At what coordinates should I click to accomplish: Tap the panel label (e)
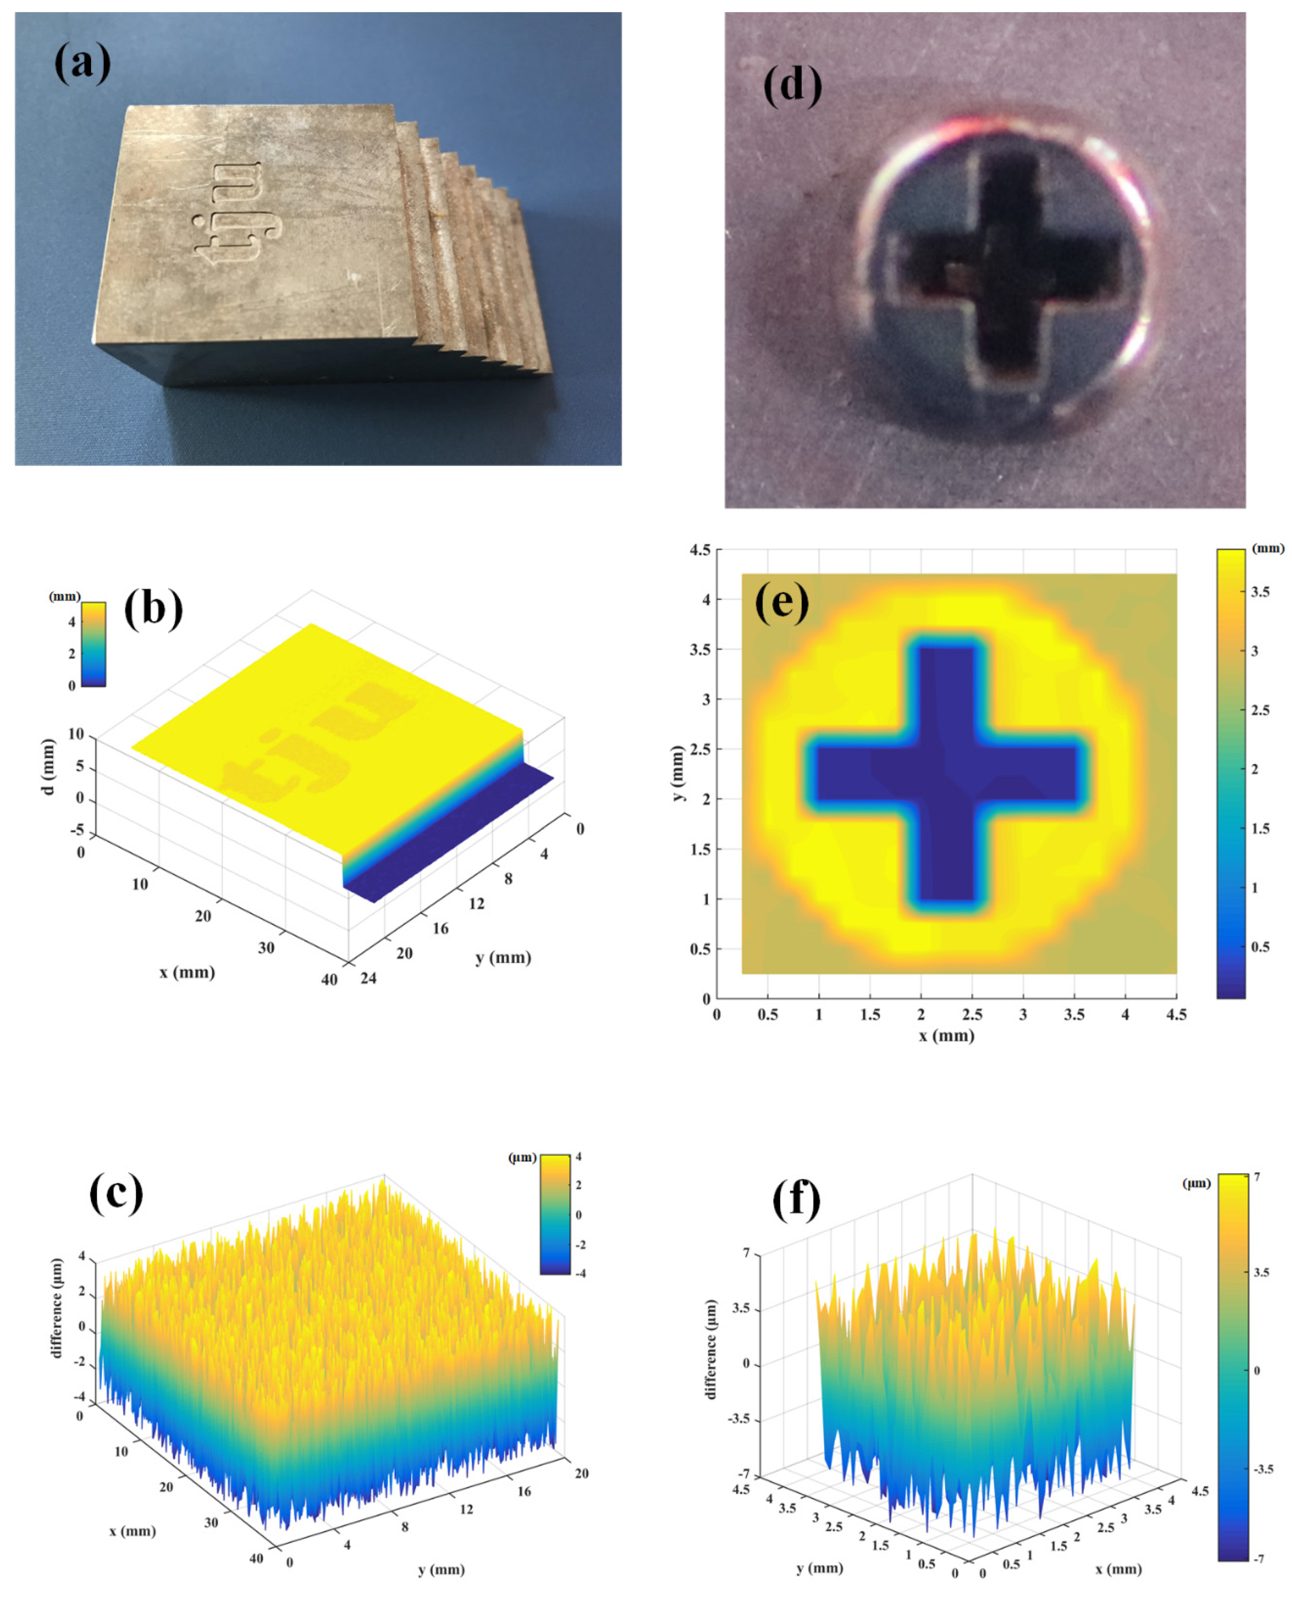[x=781, y=601]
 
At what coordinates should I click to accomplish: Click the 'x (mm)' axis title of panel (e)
[x=946, y=1035]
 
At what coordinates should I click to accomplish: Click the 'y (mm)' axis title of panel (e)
[x=677, y=774]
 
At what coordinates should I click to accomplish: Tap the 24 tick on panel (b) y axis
[x=369, y=978]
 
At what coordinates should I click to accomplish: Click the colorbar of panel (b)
[x=93, y=644]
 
